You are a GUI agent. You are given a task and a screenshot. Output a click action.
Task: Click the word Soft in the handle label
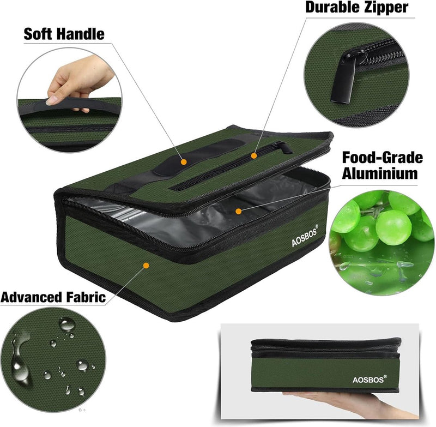pos(38,34)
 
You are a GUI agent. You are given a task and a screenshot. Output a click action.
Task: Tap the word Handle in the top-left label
pos(81,34)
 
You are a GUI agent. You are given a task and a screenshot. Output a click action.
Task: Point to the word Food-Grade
pos(383,158)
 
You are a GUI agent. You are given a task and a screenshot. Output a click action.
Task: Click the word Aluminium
pos(380,173)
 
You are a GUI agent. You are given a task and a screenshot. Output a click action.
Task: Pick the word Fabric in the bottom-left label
pos(86,297)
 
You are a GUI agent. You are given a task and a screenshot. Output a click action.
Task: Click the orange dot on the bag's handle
pos(183,161)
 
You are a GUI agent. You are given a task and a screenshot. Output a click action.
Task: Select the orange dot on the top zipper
pos(253,156)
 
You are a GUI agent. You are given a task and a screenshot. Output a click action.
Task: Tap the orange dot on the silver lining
pos(238,212)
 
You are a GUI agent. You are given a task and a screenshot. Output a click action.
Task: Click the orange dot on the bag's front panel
pos(146,266)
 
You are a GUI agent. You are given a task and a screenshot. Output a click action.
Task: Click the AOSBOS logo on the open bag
pos(305,236)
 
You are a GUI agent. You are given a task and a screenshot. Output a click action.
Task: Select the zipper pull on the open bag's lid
pos(284,147)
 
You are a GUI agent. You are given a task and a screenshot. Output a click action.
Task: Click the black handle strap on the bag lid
pos(199,157)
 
